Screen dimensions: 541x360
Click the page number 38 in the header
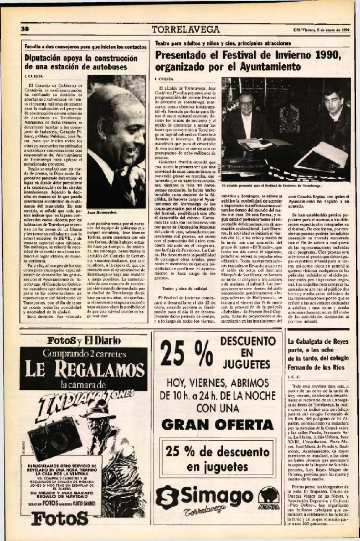(x=25, y=28)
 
